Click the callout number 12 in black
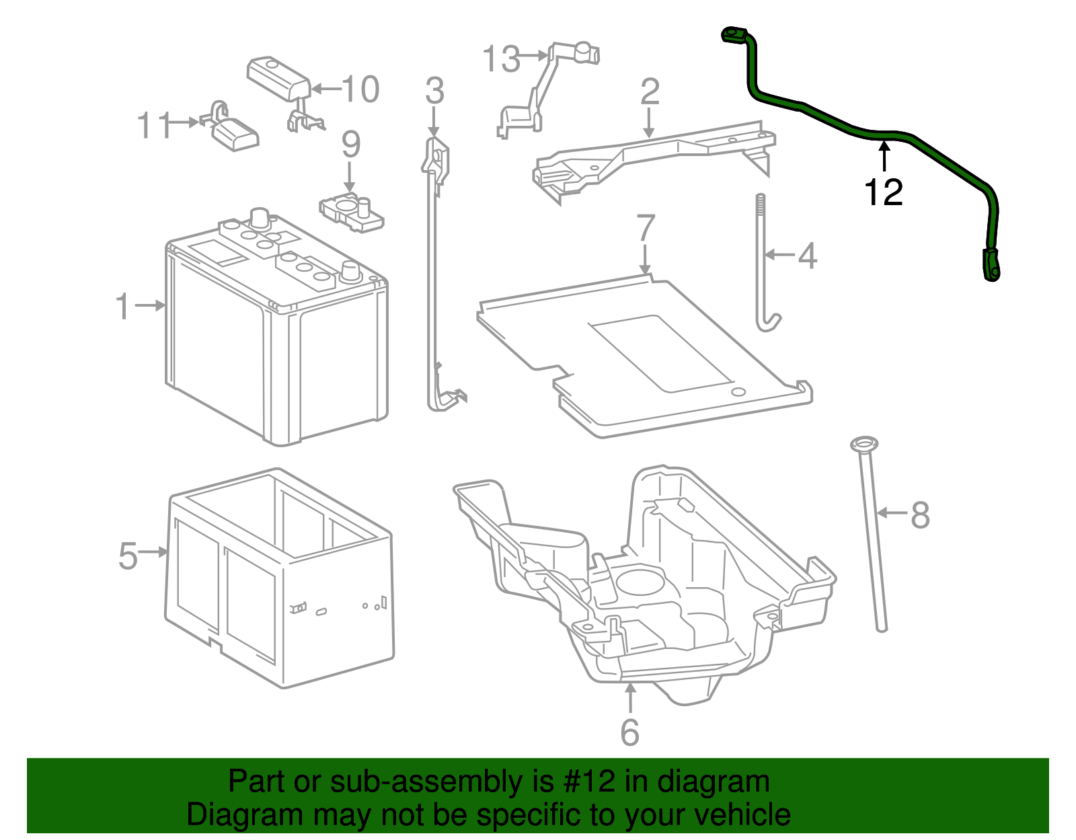tap(883, 193)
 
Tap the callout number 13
tap(502, 59)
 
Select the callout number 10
tap(360, 89)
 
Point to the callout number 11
tap(155, 125)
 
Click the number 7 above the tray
tap(645, 229)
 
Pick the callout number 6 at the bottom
tap(629, 732)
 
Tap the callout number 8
tap(920, 515)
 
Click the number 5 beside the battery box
tap(128, 556)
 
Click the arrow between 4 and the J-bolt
tap(780, 255)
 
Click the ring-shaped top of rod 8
tap(863, 444)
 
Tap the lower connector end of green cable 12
tap(991, 264)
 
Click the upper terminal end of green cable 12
tap(733, 34)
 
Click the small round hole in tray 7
tap(738, 391)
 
